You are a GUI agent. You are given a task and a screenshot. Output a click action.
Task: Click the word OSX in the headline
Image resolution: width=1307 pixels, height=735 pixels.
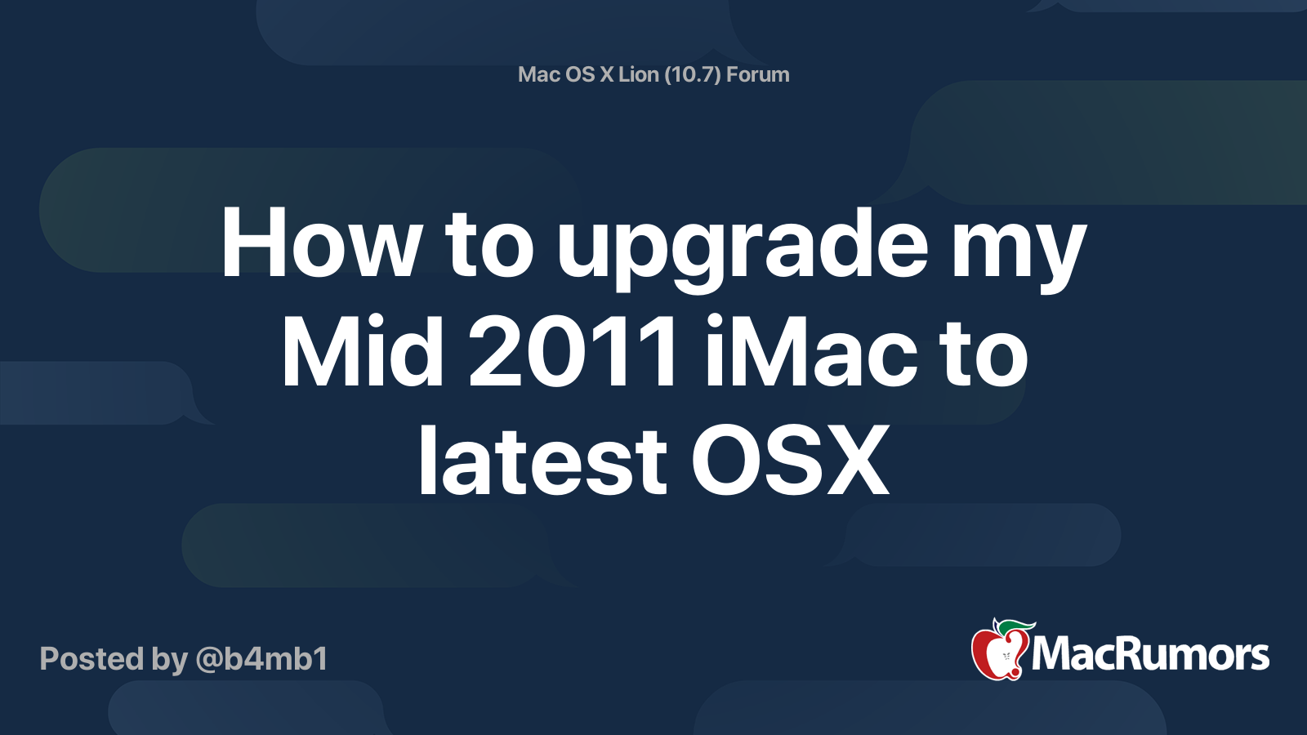[x=790, y=461]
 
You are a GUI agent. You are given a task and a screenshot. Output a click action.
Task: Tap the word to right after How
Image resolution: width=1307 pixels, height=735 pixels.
[x=489, y=245]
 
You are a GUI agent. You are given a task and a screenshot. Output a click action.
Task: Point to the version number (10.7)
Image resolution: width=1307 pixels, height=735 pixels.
[x=693, y=74]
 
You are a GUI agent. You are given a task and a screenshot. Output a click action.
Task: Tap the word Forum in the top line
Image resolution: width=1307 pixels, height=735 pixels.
[x=758, y=74]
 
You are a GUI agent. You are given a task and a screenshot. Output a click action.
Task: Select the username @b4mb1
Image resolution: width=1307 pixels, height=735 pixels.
[x=261, y=659]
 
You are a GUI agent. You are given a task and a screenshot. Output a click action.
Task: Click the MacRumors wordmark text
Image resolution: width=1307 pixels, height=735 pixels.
[x=1150, y=655]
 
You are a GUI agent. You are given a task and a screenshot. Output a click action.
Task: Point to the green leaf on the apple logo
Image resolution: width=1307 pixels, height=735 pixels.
[x=1013, y=626]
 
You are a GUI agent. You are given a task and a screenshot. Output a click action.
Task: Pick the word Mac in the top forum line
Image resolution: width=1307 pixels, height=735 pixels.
[x=538, y=74]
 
